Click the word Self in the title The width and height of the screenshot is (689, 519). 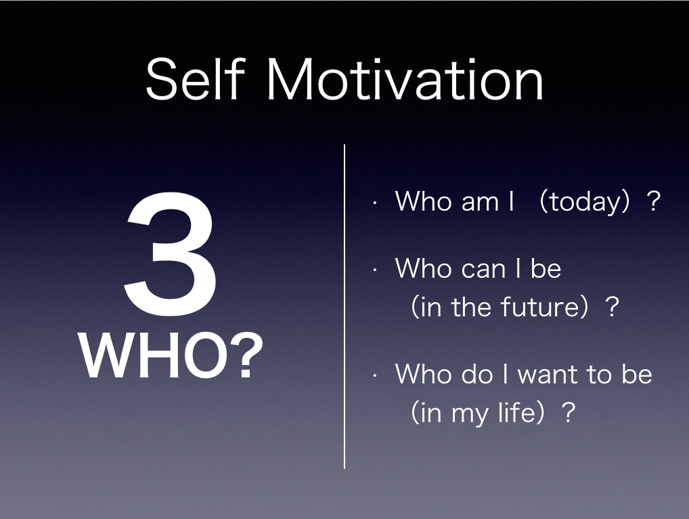click(x=195, y=79)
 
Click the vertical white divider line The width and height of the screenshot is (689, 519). click(x=344, y=306)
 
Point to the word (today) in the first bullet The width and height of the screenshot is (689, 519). click(x=584, y=201)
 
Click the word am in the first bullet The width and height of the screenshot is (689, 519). click(x=481, y=202)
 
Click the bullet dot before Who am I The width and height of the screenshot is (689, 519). click(x=375, y=203)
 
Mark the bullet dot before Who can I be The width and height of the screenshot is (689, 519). click(x=375, y=270)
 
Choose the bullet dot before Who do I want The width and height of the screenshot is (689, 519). click(x=375, y=376)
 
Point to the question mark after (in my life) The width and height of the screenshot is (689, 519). click(x=568, y=412)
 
